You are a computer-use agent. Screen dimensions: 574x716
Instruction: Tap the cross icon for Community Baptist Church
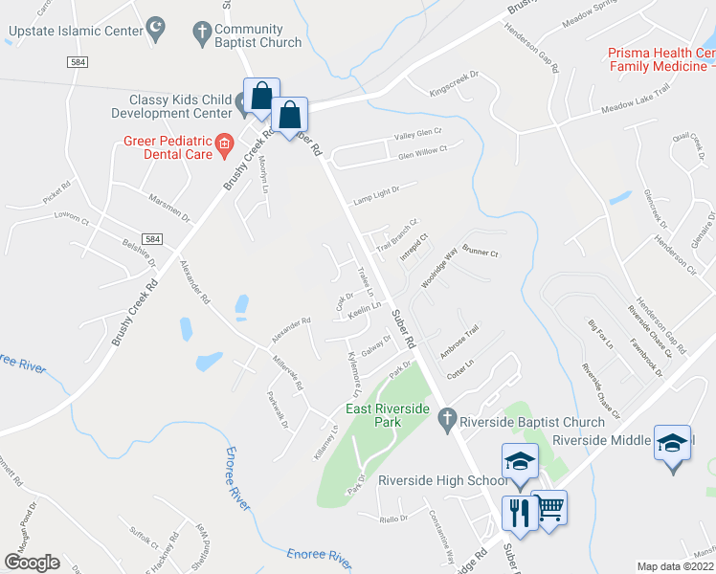coord(202,34)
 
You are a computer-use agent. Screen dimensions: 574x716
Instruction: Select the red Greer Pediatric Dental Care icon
coord(224,145)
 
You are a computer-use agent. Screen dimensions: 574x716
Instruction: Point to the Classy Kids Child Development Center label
coord(182,106)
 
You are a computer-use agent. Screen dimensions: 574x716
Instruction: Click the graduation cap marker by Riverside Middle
coord(673,443)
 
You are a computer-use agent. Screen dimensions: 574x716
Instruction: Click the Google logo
coord(31,563)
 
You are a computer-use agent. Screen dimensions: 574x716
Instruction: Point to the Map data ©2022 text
coord(676,566)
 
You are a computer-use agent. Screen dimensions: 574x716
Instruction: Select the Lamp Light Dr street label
coord(380,195)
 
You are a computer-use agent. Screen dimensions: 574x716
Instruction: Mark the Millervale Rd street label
coord(286,373)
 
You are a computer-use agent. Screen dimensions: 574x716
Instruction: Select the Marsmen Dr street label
coord(169,209)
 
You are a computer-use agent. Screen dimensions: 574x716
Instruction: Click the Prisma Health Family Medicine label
coord(661,59)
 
